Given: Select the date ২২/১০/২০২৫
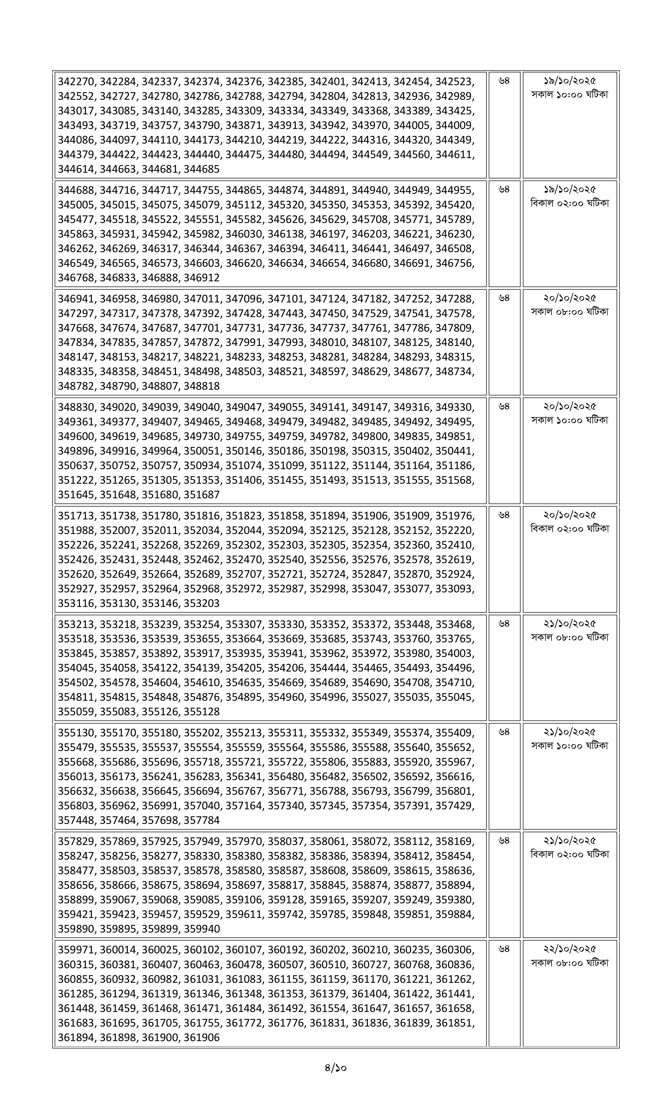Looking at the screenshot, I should (569, 949).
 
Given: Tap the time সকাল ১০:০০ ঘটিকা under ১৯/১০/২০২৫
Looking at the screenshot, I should (569, 95).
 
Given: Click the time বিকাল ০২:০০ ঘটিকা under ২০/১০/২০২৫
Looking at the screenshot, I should (569, 529).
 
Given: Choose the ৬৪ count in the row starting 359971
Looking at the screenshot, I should (504, 949).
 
